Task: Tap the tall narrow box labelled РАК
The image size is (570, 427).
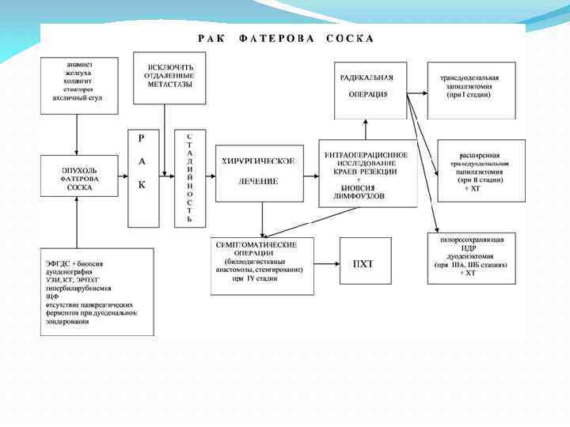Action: [x=142, y=178]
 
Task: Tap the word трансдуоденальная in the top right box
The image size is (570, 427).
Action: [x=469, y=78]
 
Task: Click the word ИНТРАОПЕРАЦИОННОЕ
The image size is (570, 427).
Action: [x=367, y=154]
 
